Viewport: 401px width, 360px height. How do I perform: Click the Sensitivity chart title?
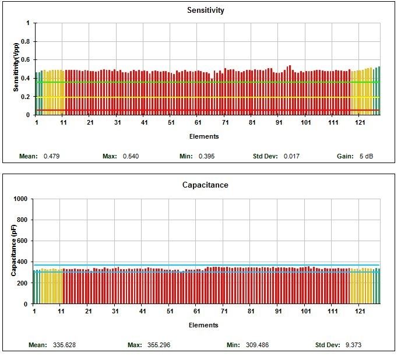[205, 10]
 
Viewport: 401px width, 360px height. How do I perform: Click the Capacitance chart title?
[205, 185]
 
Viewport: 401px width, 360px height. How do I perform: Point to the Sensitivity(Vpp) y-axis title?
[17, 69]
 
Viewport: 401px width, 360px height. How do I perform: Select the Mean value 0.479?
[52, 156]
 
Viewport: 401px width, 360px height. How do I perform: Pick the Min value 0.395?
[207, 156]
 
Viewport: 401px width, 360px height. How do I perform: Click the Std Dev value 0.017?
[291, 156]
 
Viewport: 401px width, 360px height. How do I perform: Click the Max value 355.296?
[159, 345]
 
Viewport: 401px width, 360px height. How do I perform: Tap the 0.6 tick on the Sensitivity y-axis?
[24, 60]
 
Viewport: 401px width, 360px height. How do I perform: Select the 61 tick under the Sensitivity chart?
[198, 123]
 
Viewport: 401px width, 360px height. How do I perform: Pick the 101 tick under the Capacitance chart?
[305, 312]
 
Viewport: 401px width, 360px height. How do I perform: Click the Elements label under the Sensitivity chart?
[205, 136]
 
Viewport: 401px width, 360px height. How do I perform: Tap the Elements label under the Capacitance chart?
[204, 325]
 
